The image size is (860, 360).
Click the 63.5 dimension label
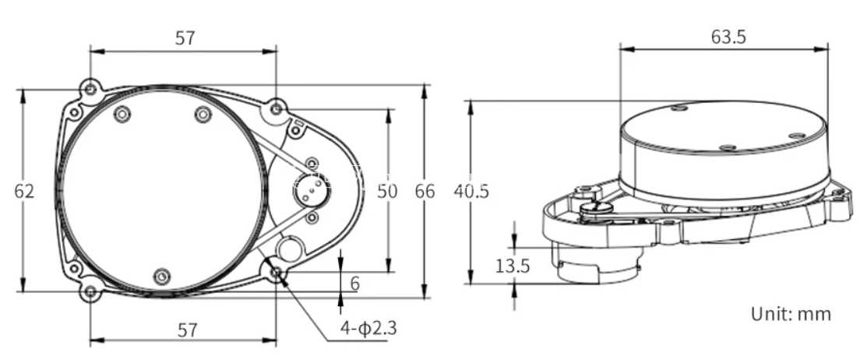coord(728,37)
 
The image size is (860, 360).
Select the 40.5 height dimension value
coord(471,192)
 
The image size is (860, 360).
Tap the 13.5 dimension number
coord(513,266)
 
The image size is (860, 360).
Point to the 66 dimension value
coord(425,192)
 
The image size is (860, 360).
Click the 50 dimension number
coord(387,192)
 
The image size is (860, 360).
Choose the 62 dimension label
coord(24,192)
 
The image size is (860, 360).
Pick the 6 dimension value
coord(355,284)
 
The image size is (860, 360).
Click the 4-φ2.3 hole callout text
coord(368,328)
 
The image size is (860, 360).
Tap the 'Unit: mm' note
coord(791,314)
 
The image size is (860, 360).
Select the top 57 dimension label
coord(185,38)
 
